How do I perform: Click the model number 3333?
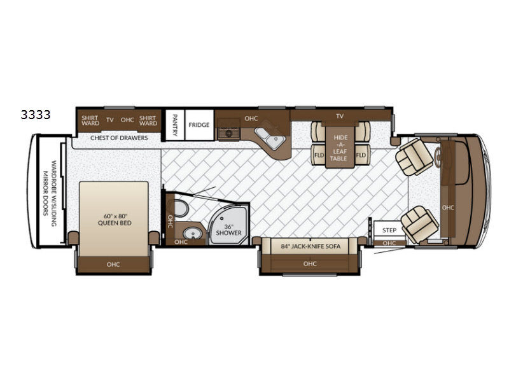click(x=36, y=115)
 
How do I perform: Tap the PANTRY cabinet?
click(x=175, y=125)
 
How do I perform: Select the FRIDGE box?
click(x=199, y=125)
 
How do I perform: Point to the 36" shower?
click(x=228, y=225)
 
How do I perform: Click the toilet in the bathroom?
click(x=181, y=209)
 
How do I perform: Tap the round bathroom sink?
click(x=192, y=234)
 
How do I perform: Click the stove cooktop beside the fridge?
click(x=228, y=134)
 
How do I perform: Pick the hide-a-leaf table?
click(x=339, y=148)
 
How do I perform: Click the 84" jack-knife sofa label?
click(x=310, y=246)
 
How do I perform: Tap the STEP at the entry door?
click(x=389, y=230)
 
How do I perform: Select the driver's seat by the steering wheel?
click(x=414, y=157)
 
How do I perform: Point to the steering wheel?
click(x=438, y=157)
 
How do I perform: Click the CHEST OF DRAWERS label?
click(x=119, y=138)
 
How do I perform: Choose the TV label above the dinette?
click(x=340, y=116)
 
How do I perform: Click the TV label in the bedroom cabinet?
click(x=109, y=120)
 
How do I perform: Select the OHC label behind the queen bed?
click(x=113, y=264)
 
